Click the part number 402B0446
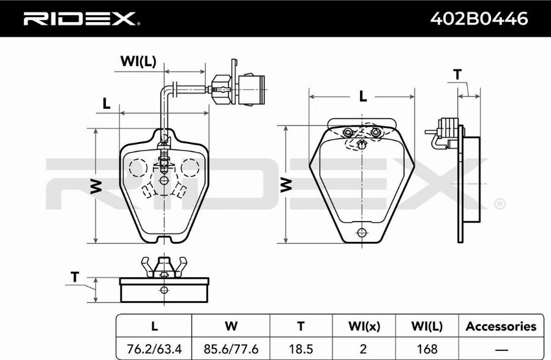tap(479, 18)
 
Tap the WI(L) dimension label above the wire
tap(138, 61)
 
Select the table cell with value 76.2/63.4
tap(154, 349)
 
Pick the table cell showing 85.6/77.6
tap(231, 349)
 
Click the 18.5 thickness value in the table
tap(301, 349)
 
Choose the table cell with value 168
tap(427, 349)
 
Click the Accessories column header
tap(501, 326)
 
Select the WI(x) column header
tap(364, 326)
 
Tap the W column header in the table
tap(231, 326)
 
